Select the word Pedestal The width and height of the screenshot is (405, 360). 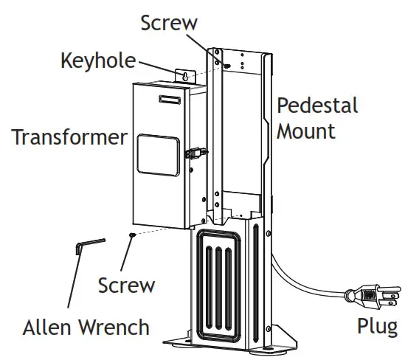tap(317, 105)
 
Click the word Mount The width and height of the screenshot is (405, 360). tap(305, 131)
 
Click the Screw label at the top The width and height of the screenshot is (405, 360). tap(169, 23)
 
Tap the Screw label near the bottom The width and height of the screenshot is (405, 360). tap(126, 285)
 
